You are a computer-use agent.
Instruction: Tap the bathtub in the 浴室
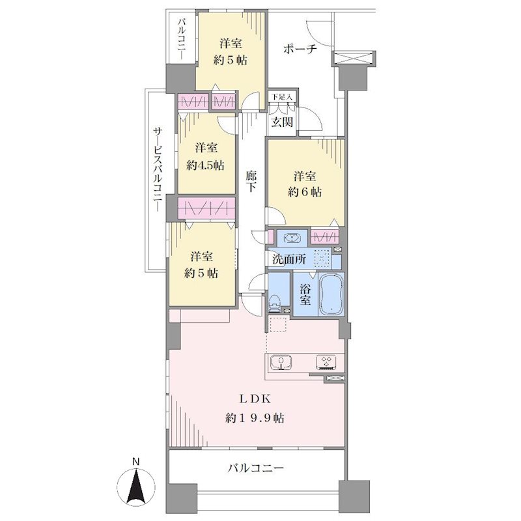[331, 294]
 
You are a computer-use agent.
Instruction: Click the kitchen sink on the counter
[281, 362]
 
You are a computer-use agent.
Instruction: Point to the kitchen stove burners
[326, 362]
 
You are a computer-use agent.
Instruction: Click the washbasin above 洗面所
[291, 238]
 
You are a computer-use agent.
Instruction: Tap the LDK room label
[255, 399]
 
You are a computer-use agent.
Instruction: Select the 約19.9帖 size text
[255, 417]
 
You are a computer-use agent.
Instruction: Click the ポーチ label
[300, 49]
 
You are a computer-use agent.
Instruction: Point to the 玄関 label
[283, 122]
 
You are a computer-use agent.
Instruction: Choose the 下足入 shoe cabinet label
[282, 97]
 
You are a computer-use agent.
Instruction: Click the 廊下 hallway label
[251, 182]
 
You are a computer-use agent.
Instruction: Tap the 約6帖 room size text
[305, 191]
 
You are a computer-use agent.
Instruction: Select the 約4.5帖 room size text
[205, 165]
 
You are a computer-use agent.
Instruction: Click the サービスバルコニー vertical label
[158, 170]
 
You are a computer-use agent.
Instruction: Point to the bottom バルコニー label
[256, 468]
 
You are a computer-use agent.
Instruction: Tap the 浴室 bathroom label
[305, 294]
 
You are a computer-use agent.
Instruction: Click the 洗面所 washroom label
[289, 259]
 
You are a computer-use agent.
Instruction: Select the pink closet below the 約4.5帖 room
[206, 208]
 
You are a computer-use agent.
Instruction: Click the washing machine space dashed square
[322, 258]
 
